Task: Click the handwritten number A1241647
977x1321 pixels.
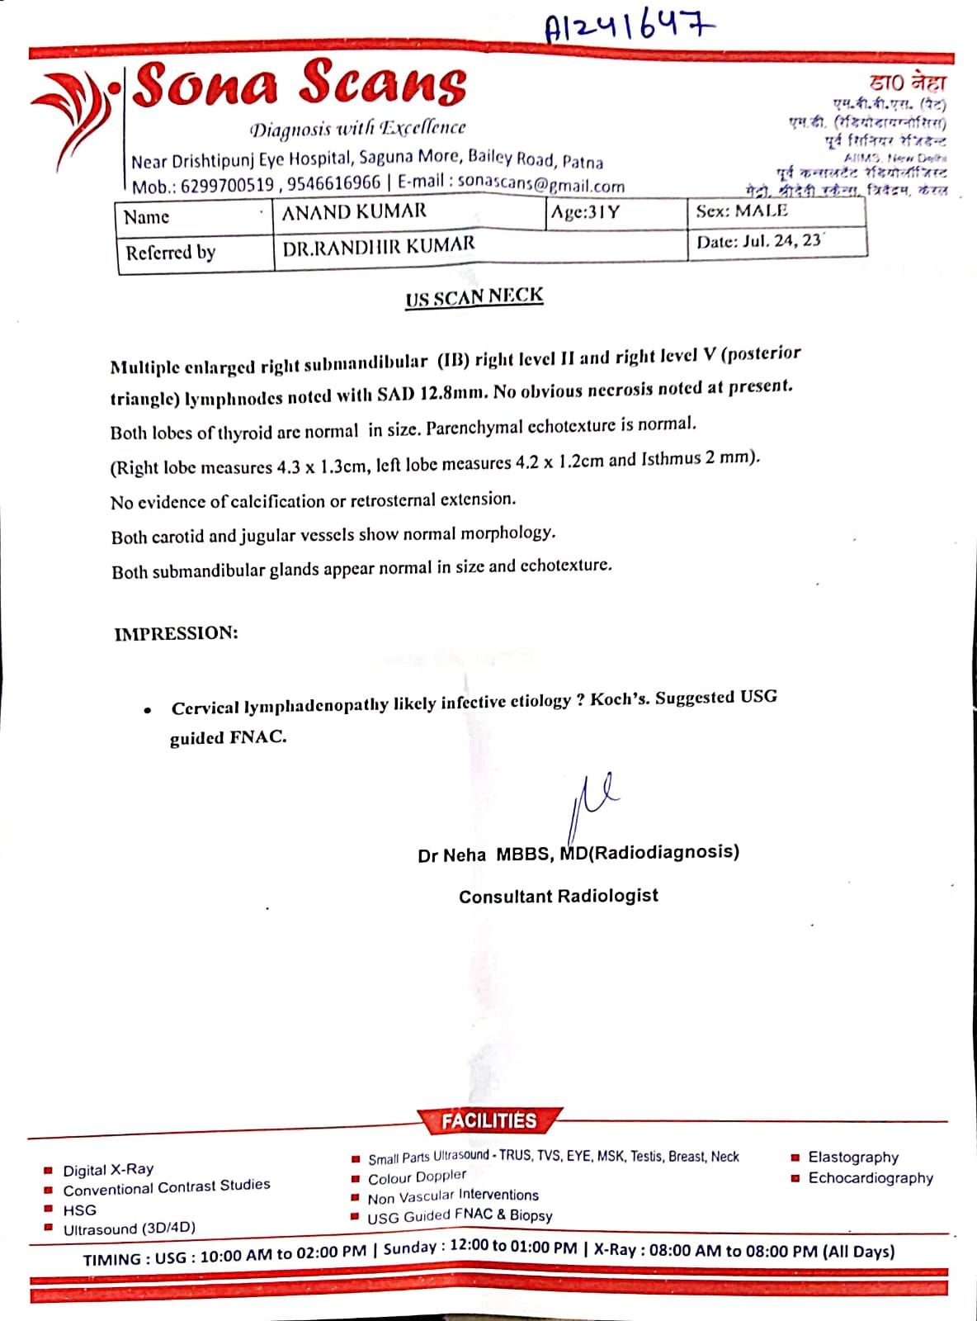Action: tap(629, 27)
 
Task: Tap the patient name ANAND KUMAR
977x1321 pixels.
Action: tap(354, 212)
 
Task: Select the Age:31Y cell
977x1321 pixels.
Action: tap(585, 212)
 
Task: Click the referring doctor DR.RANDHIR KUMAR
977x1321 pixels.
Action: tap(379, 245)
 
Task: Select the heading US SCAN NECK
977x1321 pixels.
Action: tap(474, 296)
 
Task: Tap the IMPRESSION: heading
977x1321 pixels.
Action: tap(176, 634)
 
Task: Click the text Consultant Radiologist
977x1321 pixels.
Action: tap(559, 897)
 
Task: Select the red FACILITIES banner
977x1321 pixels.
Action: tap(489, 1120)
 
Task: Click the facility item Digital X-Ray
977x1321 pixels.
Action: tap(108, 1170)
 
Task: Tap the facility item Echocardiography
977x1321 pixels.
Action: tap(871, 1178)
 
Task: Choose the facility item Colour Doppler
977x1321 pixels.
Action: tap(417, 1177)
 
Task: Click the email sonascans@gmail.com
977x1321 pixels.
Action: tap(540, 183)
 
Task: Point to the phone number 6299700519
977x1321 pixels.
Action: tap(227, 186)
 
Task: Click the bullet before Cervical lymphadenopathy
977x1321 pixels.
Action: tap(147, 710)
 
